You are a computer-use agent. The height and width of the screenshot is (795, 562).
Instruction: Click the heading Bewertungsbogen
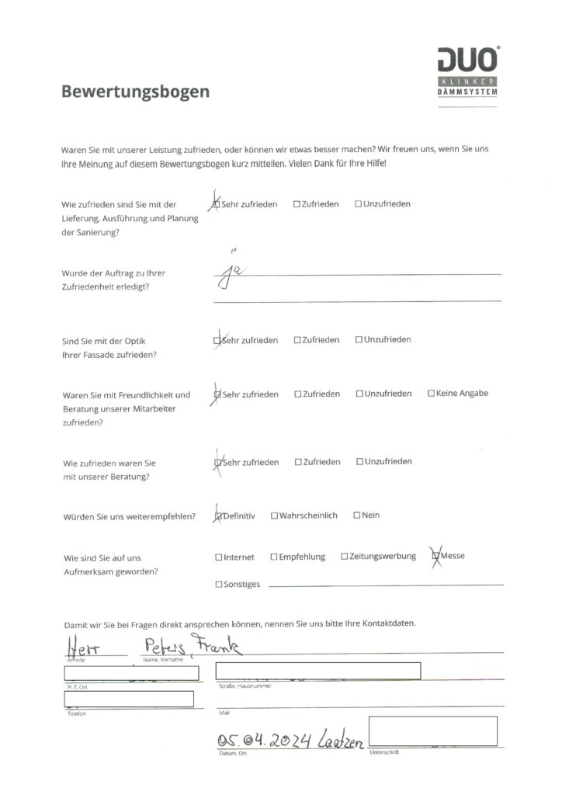(x=135, y=92)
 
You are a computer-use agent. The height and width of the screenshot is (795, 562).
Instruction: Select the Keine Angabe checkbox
(x=431, y=394)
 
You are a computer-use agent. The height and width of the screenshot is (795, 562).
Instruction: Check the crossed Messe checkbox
(x=436, y=556)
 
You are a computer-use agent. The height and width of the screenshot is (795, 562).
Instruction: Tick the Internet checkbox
(x=218, y=557)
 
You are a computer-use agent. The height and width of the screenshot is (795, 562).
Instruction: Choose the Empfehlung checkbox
(x=274, y=557)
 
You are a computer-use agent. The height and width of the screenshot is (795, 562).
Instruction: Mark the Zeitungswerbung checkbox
(x=345, y=557)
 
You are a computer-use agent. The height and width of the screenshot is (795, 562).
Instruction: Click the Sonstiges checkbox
(x=218, y=585)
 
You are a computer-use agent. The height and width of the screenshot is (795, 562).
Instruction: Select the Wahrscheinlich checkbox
(x=274, y=516)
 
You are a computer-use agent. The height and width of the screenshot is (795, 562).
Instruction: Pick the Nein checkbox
(x=356, y=516)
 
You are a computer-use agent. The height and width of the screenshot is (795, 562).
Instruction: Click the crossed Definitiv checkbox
(x=218, y=516)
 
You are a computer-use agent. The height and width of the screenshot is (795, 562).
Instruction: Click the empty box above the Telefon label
(x=129, y=699)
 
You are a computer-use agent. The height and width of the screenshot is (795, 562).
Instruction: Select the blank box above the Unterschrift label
(x=432, y=731)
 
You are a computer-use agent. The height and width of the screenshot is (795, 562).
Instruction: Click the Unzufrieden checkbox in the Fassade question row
(x=359, y=340)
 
